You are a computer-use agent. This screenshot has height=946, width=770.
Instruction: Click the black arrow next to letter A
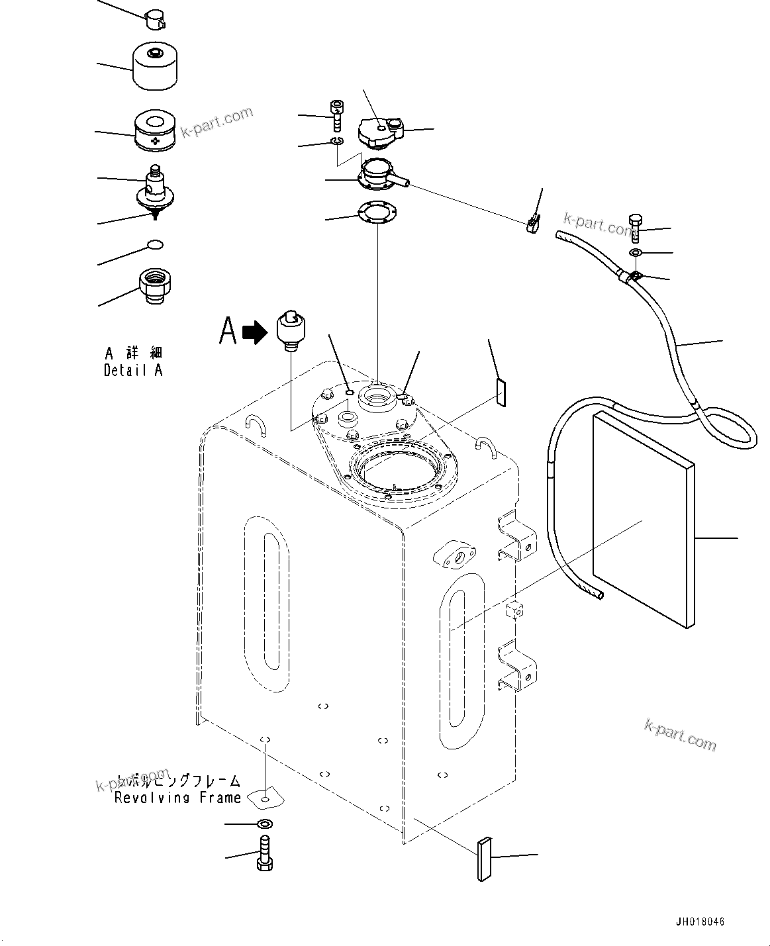click(x=254, y=332)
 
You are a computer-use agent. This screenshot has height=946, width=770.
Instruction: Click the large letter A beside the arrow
click(x=228, y=331)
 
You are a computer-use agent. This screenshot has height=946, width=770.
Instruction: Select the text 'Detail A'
click(x=132, y=370)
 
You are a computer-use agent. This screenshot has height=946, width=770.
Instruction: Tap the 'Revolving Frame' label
click(x=177, y=798)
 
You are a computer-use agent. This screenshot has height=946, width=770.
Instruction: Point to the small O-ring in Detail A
click(x=155, y=246)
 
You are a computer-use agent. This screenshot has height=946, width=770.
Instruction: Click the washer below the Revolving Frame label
click(x=265, y=824)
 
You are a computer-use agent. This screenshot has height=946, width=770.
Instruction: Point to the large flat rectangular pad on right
click(x=642, y=518)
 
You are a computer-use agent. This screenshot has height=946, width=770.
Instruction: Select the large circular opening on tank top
click(x=397, y=472)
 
